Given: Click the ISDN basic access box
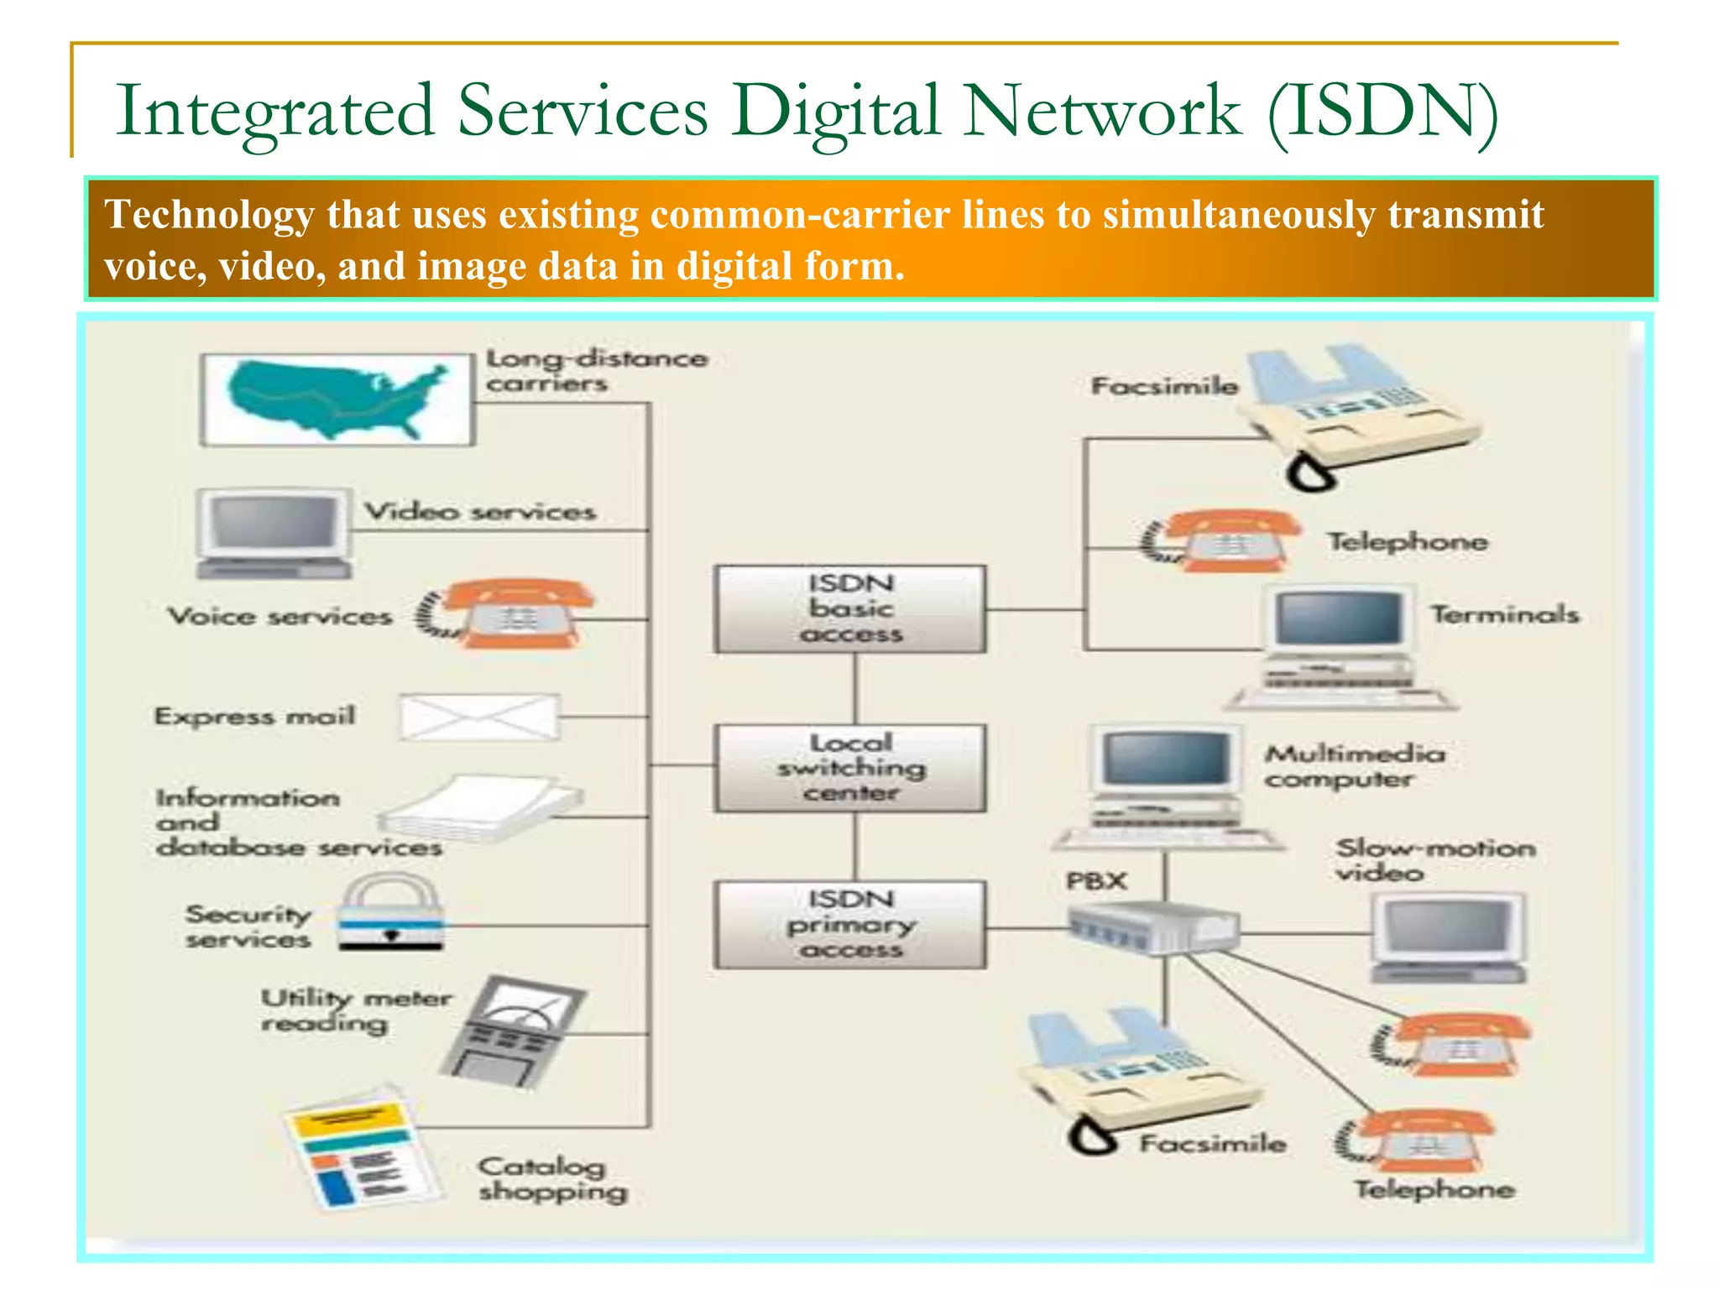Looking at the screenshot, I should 850,608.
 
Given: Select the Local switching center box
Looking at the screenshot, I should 850,767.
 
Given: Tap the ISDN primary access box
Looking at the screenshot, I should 850,924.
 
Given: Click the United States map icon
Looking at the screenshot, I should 337,399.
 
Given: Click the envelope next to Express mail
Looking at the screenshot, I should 479,717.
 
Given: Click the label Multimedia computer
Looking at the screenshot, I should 1354,766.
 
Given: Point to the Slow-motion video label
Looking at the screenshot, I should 1435,860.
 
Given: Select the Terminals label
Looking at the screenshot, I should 1504,614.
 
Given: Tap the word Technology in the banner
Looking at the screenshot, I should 210,214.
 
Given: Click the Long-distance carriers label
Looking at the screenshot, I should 596,370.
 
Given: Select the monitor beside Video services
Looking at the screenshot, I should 274,534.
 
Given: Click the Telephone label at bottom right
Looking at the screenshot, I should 1434,1189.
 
